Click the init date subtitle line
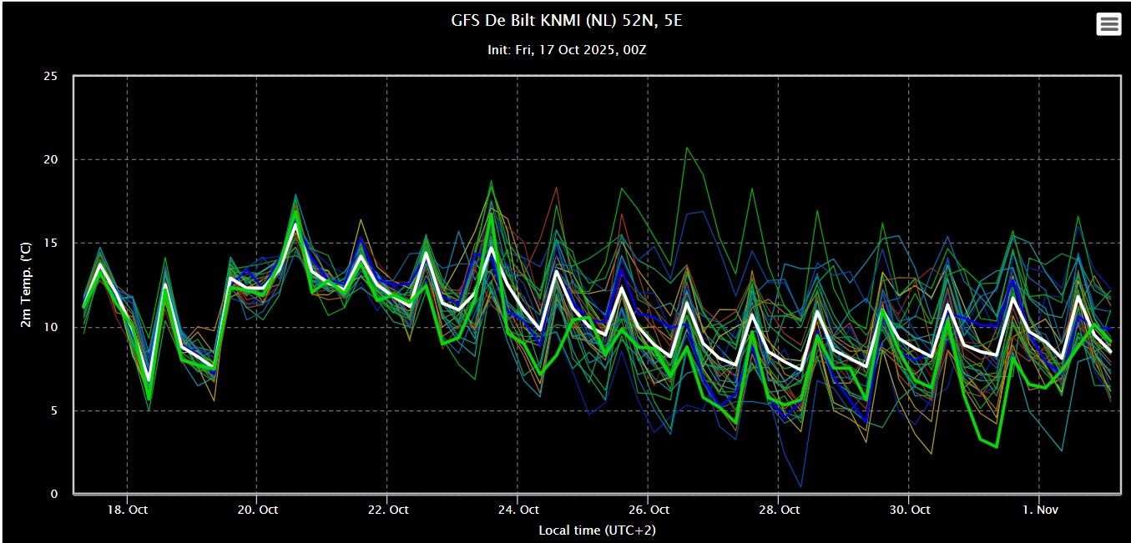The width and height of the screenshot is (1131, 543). (567, 50)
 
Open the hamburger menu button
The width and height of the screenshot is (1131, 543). (1108, 23)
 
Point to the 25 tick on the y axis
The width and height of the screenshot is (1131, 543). (50, 76)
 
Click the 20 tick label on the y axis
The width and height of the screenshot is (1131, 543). (50, 159)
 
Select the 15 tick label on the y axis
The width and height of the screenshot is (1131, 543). (50, 244)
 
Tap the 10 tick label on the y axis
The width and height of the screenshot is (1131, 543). (50, 327)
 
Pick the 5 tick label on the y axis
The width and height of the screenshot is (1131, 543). (54, 410)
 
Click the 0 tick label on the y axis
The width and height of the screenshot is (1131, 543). (54, 494)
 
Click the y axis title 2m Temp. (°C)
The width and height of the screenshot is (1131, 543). (26, 285)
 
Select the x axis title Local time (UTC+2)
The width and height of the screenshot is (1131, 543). (598, 530)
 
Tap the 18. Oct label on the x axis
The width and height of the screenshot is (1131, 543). (127, 510)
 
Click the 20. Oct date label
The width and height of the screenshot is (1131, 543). (258, 510)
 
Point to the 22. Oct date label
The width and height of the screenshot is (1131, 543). (388, 510)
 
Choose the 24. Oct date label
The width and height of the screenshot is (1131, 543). (518, 510)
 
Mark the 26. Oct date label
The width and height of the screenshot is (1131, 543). (649, 510)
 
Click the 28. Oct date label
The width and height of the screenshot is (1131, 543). (779, 510)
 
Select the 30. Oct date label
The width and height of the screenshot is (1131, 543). (909, 510)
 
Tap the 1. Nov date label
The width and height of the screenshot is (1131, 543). (1040, 510)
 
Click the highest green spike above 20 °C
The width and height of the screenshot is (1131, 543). (687, 148)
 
